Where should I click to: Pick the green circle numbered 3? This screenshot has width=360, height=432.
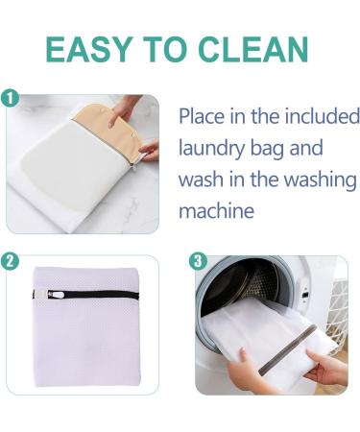(197, 260)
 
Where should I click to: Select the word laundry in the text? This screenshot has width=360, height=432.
(214, 149)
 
